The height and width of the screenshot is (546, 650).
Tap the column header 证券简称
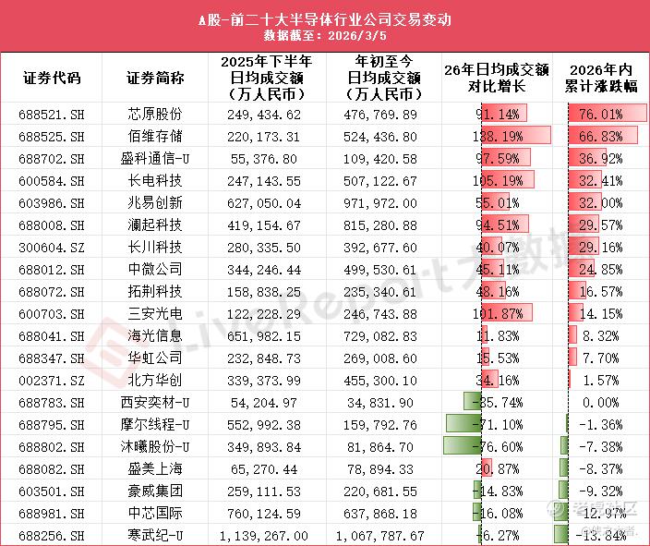155,78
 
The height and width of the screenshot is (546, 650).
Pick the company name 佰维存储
155,135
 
